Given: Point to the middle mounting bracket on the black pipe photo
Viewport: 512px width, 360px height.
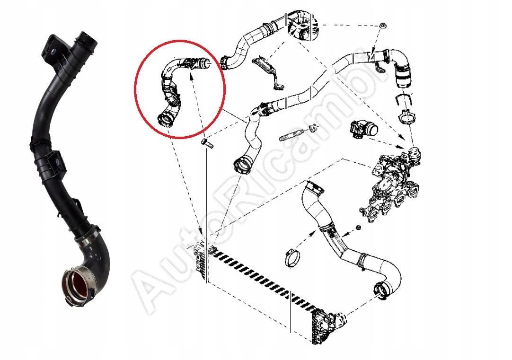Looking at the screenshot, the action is [x=55, y=159].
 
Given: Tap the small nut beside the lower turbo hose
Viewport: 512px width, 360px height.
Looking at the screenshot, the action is [x=358, y=228].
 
